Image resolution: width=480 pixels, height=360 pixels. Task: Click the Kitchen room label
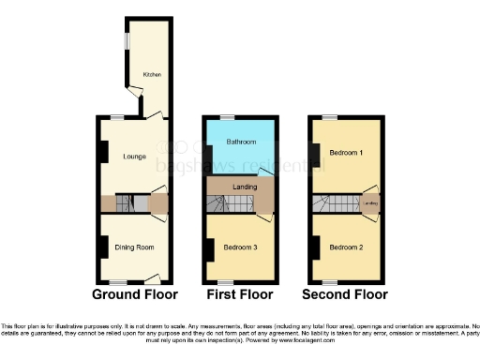[152, 73]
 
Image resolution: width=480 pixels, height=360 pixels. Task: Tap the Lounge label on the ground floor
[133, 156]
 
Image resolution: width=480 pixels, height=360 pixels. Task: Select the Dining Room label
[134, 247]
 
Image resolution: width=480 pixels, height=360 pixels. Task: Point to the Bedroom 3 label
[240, 247]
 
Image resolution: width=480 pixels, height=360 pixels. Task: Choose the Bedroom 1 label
[347, 152]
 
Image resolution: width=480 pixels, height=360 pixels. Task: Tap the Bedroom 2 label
[347, 247]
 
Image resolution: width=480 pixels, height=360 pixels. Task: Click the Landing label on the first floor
[245, 187]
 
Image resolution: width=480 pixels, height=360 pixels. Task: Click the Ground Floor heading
[133, 294]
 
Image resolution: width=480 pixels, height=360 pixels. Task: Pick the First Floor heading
[240, 294]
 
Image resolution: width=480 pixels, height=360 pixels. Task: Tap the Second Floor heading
[346, 294]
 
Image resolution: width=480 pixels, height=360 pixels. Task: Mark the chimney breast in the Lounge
[99, 151]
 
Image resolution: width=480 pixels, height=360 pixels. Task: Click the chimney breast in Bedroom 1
[313, 155]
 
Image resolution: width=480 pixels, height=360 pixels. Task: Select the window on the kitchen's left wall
[128, 42]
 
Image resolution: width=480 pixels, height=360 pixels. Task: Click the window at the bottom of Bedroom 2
[330, 281]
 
